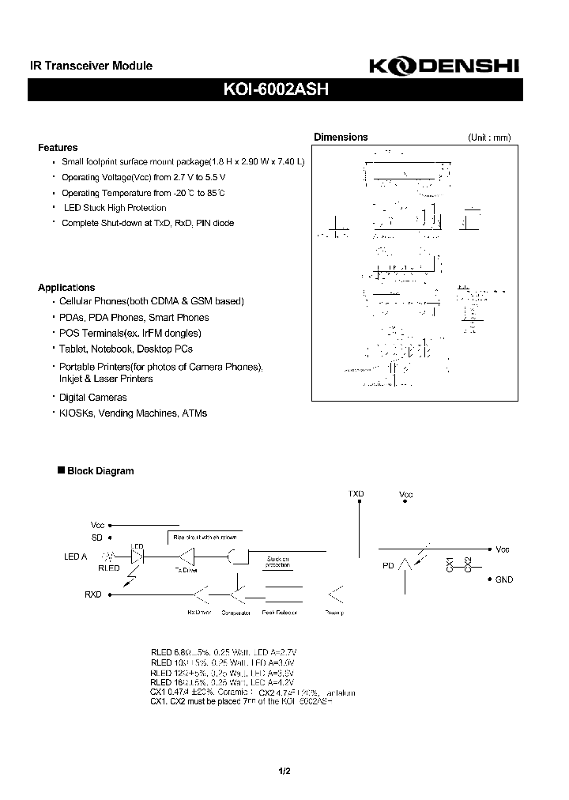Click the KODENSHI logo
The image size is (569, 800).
[444, 69]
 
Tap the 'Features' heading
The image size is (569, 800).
[58, 148]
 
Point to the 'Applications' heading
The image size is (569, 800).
[66, 288]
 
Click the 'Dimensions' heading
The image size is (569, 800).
[341, 137]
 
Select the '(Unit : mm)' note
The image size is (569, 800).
[489, 138]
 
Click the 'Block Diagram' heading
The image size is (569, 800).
[100, 471]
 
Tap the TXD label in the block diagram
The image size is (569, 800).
[356, 494]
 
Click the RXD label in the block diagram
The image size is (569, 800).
[93, 594]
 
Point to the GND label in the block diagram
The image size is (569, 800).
[504, 579]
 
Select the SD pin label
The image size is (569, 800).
[97, 537]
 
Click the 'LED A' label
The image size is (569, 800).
[75, 557]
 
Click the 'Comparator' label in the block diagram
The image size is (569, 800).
[236, 613]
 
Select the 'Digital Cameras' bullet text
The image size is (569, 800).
[93, 398]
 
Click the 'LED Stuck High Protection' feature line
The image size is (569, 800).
[115, 208]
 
